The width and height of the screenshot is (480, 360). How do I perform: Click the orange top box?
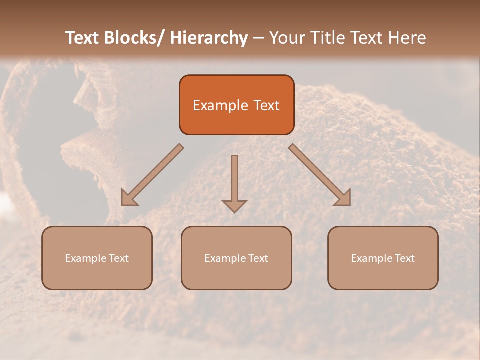point(236,105)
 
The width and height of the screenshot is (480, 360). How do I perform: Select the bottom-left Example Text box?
point(97,258)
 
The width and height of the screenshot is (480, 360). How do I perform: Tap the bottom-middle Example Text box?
point(236,258)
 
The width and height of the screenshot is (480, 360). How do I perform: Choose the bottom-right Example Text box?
point(383,258)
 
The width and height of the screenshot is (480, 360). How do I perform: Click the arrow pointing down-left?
point(153,175)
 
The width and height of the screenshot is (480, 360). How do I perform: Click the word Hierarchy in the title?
point(209,38)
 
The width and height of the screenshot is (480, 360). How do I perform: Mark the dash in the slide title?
point(258,38)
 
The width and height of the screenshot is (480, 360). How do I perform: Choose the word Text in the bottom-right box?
point(404,258)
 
